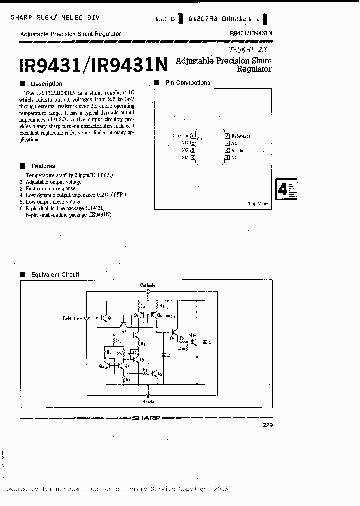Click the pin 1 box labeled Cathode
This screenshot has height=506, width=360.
[193, 136]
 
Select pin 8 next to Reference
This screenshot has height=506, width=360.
[227, 136]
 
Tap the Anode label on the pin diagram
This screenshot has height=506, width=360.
[237, 150]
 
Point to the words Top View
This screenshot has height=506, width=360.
[258, 203]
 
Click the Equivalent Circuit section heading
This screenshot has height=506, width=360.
[55, 274]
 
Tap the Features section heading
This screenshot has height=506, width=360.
[43, 166]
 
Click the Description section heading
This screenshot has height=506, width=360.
[46, 84]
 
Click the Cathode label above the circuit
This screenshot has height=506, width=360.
[148, 285]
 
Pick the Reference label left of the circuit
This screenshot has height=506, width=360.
[73, 318]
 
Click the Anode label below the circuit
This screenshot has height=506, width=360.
[148, 401]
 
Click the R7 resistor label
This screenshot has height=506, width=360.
[143, 344]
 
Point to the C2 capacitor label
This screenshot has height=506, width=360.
[173, 317]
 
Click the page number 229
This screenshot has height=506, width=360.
[267, 425]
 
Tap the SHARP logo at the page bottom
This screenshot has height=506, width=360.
[148, 417]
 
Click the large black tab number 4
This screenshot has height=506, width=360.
[283, 190]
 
